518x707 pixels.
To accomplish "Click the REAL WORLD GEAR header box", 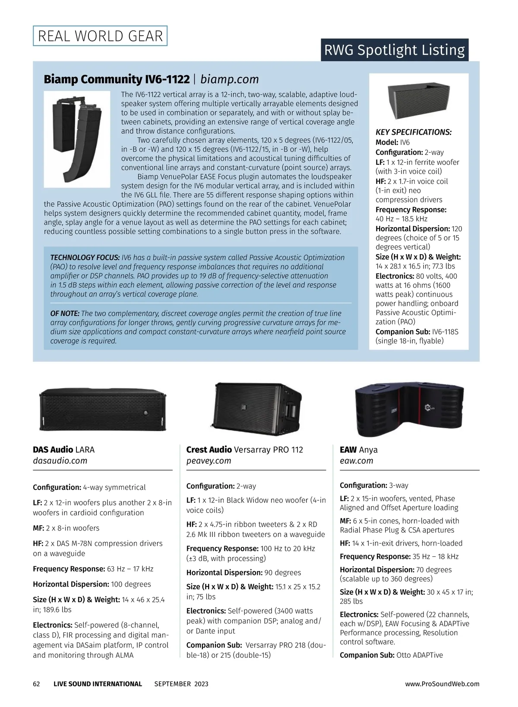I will pyautogui.click(x=100, y=36).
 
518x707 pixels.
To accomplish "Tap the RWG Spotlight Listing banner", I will pyautogui.click(x=394, y=50).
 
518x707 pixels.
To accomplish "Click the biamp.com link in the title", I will pyautogui.click(x=230, y=79).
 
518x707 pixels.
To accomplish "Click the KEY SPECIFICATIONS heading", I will pyautogui.click(x=414, y=132).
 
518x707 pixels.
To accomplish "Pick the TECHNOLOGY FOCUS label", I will pyautogui.click(x=85, y=258).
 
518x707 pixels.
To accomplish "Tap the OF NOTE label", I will pyautogui.click(x=65, y=313).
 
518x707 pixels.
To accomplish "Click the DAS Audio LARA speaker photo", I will pyautogui.click(x=103, y=409).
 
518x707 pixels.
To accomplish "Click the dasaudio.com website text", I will pyautogui.click(x=60, y=461).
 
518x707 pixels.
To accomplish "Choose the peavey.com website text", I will pyautogui.click(x=208, y=461).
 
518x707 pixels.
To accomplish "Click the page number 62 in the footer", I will pyautogui.click(x=37, y=684).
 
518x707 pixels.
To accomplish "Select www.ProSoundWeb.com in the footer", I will pyautogui.click(x=442, y=684).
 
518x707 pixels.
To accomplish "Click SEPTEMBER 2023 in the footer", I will pyautogui.click(x=181, y=684).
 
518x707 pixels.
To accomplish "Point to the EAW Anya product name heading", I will pyautogui.click(x=358, y=449).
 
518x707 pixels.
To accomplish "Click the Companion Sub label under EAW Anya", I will pyautogui.click(x=367, y=655).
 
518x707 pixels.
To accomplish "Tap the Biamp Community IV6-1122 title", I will pyautogui.click(x=117, y=79).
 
